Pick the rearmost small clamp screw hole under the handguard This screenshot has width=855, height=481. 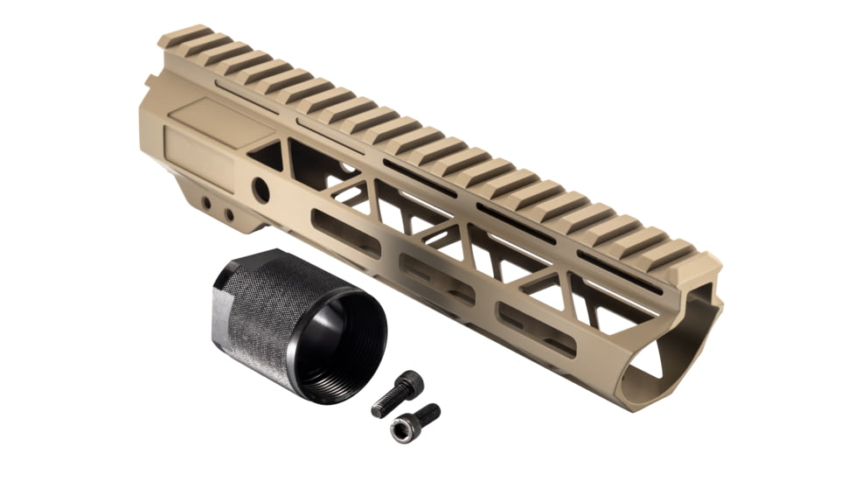pos(205,203)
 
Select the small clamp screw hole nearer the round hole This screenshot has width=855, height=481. pos(228,213)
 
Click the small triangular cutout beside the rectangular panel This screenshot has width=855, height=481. pos(266,156)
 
